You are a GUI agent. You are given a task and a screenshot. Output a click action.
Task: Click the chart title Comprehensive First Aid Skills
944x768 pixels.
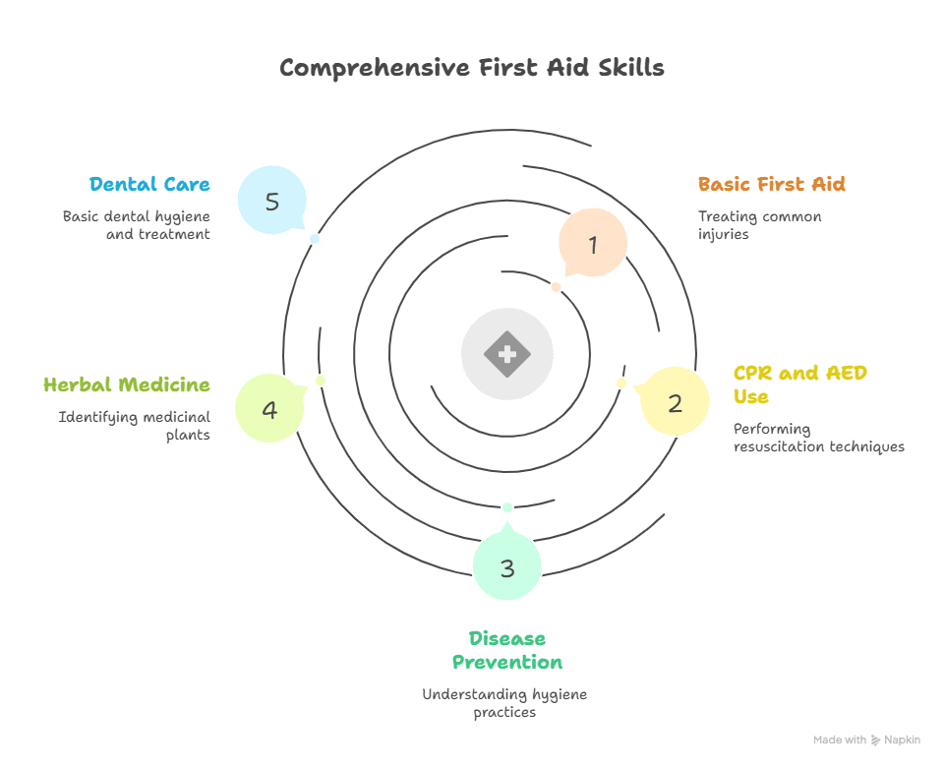tap(471, 68)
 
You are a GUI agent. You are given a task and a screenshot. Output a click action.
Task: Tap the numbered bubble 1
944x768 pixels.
tap(593, 243)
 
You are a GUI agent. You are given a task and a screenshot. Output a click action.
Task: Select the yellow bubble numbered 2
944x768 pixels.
tap(675, 401)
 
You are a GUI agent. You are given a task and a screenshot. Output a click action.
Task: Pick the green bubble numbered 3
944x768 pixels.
tap(506, 566)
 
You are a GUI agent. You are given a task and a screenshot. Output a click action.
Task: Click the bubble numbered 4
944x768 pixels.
tap(269, 408)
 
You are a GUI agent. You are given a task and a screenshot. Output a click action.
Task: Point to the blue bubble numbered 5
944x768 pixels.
tap(272, 201)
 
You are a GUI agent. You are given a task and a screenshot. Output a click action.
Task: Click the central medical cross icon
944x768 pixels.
tap(506, 354)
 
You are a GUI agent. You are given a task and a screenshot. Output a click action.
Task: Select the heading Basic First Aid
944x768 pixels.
tap(771, 184)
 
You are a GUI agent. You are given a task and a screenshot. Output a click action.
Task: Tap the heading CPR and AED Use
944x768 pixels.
tap(800, 384)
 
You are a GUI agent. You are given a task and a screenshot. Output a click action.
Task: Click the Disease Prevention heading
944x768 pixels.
tap(506, 650)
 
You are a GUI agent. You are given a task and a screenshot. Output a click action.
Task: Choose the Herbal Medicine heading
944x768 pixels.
tap(127, 384)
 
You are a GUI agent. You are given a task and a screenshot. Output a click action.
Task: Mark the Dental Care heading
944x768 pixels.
tap(149, 184)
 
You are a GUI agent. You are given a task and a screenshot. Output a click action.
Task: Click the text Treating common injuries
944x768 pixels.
tap(759, 225)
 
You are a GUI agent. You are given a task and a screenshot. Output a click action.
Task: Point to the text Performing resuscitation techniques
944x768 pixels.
tap(818, 438)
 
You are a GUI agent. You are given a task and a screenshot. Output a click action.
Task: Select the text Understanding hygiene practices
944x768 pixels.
tap(504, 702)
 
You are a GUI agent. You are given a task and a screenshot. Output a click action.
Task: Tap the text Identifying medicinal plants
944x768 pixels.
tap(135, 425)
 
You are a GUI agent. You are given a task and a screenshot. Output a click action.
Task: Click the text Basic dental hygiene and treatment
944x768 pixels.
tap(137, 224)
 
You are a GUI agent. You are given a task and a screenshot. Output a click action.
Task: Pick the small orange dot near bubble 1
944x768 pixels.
tap(556, 287)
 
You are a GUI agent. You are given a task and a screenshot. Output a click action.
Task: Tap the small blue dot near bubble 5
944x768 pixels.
tap(315, 239)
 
